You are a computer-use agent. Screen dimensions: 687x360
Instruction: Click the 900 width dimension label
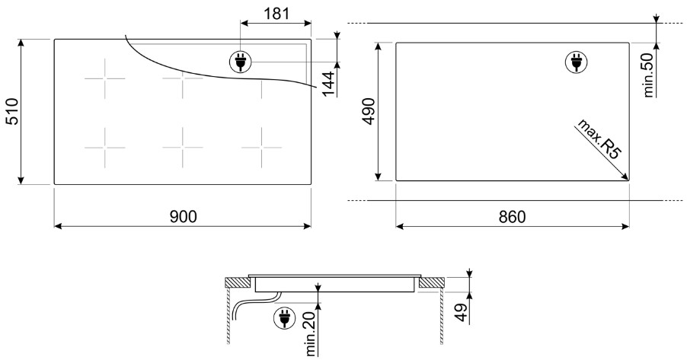(183, 216)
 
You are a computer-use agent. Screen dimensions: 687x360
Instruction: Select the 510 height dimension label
(13, 112)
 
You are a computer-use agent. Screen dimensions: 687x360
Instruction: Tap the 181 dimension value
(276, 14)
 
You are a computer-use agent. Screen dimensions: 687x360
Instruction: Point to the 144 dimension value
(328, 83)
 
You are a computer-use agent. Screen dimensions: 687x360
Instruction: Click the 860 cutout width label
(512, 216)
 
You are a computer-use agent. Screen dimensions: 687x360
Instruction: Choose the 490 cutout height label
(369, 112)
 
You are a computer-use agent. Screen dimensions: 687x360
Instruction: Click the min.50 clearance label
(649, 75)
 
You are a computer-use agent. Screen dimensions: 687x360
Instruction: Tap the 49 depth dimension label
(461, 312)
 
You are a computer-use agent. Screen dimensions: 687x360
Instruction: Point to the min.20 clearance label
(311, 333)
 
